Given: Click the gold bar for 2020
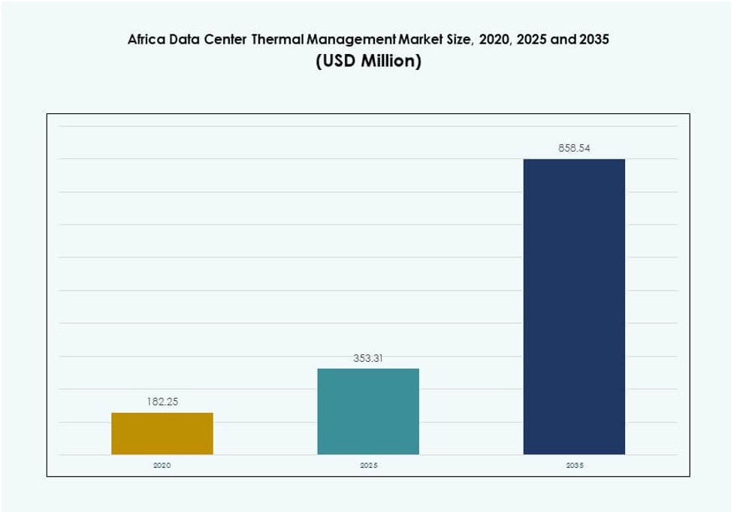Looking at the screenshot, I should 162,433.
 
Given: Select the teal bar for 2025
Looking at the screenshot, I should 368,411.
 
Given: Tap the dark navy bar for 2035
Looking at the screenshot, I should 574,306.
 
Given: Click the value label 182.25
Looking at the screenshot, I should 162,402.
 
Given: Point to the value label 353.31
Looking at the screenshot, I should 368,358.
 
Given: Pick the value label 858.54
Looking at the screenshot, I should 574,149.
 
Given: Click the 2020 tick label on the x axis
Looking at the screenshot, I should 162,466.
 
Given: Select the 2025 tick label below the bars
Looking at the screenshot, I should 368,466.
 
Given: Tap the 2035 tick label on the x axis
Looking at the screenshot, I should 574,466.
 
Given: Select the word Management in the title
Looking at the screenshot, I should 346,40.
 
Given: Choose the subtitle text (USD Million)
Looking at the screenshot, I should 368,61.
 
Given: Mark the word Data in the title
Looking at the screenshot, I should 186,40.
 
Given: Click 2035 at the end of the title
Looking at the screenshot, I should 594,40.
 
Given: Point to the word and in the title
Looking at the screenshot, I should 563,40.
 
